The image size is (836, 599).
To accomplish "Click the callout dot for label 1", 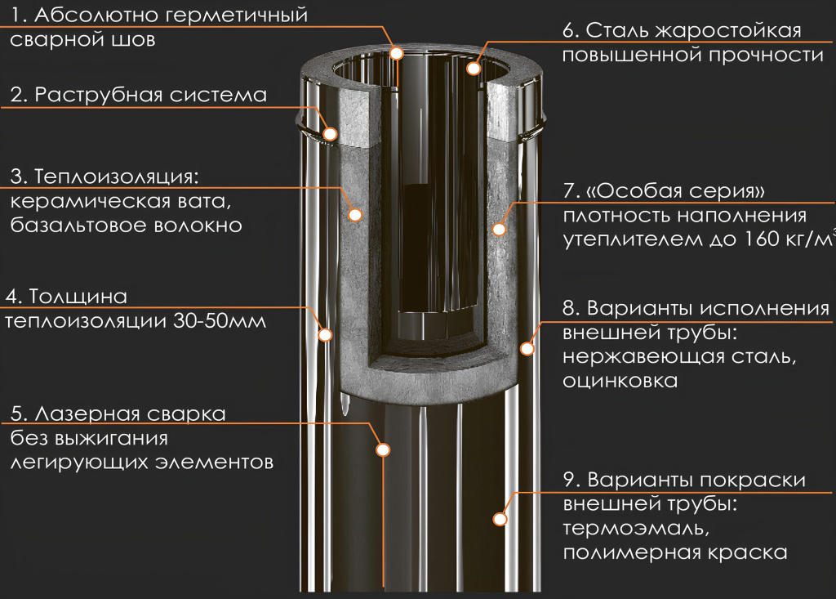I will pos(397,53).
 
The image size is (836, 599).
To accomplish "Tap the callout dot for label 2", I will pos(331,132).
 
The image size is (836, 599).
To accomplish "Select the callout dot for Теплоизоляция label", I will pos(355,215).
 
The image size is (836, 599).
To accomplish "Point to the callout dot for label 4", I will pos(325,333).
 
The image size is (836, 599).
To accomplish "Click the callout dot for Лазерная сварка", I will pos(384,449).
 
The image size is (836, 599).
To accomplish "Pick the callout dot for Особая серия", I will pos(499,229).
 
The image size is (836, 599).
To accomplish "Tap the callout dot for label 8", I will pos(527,349).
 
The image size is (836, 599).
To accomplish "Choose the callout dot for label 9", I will pos(500,518).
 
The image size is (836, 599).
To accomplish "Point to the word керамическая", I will pos(81,201).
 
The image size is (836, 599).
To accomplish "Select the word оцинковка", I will pos(620,381).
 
